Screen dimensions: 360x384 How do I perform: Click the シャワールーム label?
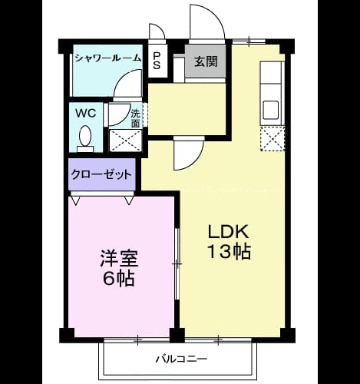pos(108,58)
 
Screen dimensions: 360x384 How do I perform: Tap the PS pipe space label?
pos(157,61)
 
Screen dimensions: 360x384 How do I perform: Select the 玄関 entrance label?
pos(206,61)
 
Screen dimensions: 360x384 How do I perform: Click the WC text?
pos(86,113)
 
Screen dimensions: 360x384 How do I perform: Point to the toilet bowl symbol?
pos(85,139)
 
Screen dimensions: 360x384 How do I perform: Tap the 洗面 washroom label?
pos(135,118)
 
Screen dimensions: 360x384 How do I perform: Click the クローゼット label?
pos(101,174)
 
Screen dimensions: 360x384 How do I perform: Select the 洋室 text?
pos(119,258)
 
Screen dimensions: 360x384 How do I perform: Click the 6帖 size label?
pos(119,278)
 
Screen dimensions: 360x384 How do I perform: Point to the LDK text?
pos(229,231)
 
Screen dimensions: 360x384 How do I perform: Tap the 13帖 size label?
pos(230,252)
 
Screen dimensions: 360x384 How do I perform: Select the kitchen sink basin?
pos(271,109)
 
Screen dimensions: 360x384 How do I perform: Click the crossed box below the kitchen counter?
pos(272,138)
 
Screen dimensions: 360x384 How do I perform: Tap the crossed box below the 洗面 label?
pos(125,141)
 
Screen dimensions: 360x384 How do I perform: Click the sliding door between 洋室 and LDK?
pos(177,263)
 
